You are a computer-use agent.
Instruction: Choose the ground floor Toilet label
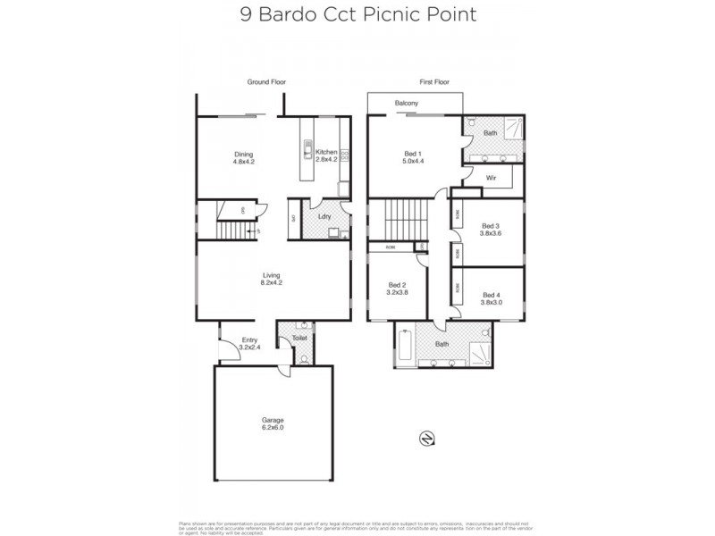[300, 339]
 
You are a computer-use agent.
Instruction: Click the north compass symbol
[426, 438]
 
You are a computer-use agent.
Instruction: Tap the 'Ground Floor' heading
[266, 82]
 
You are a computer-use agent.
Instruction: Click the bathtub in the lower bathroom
[404, 346]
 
